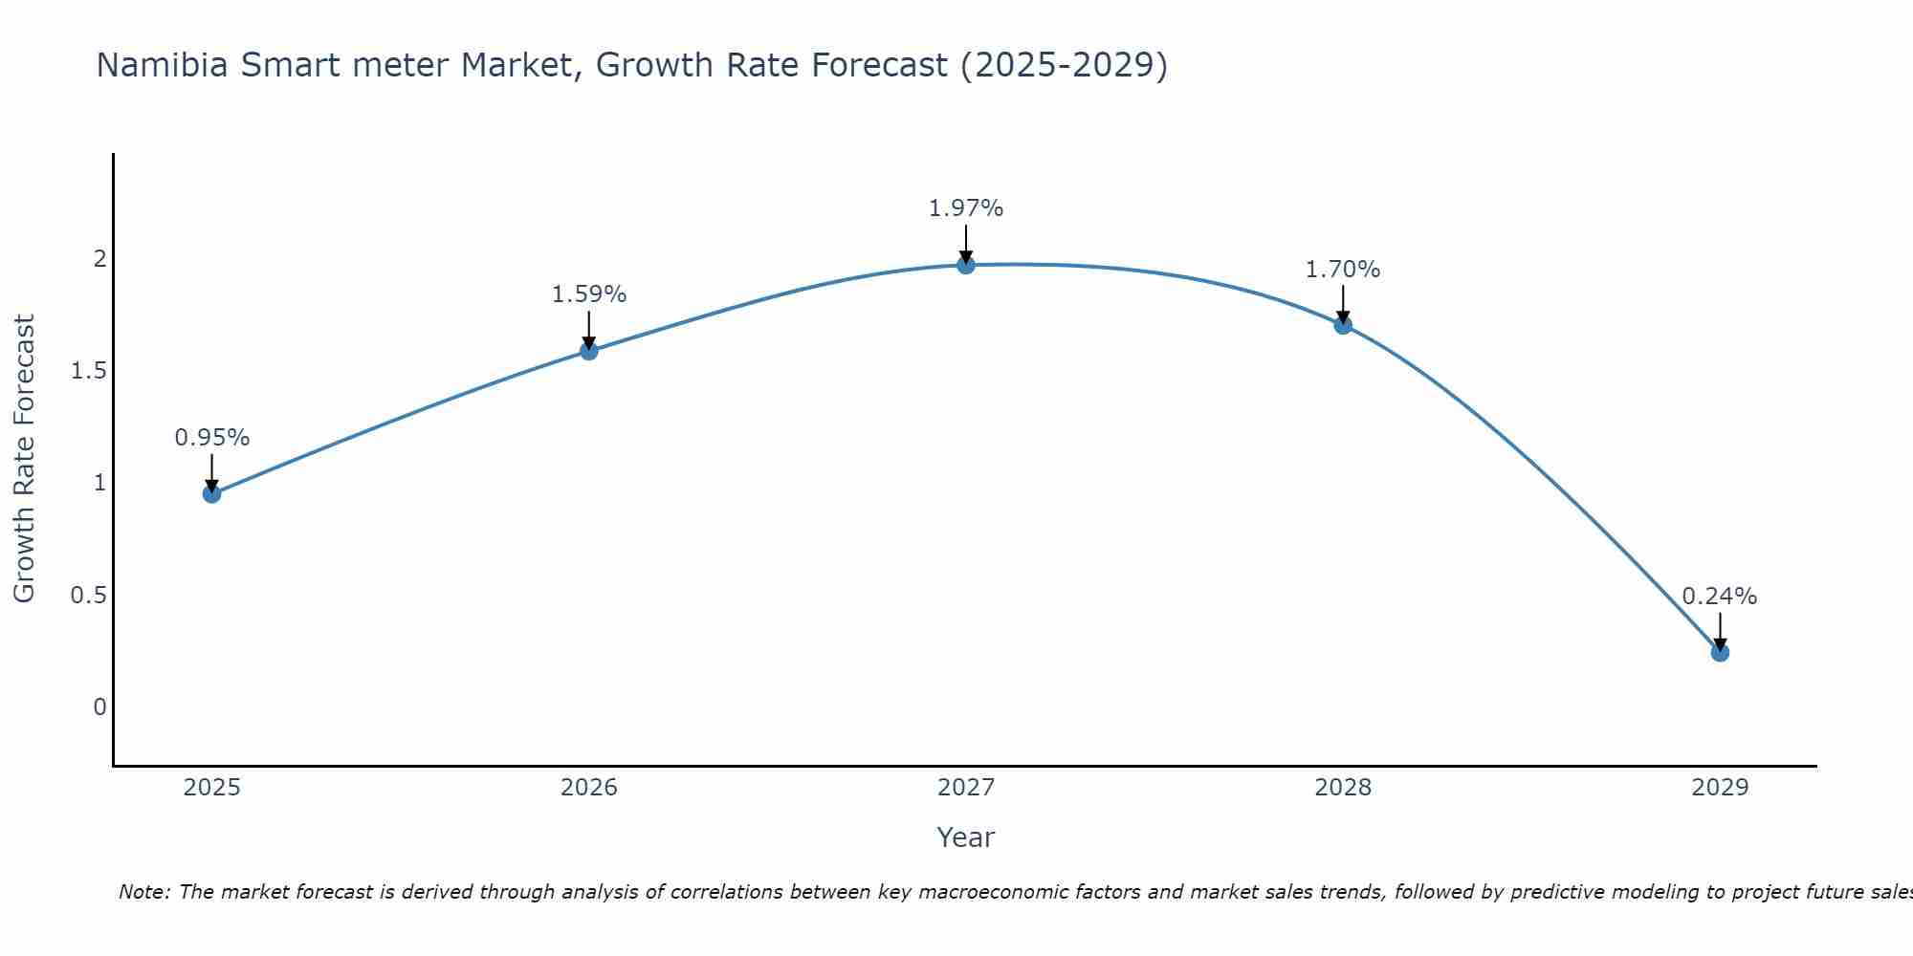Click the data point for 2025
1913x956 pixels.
(x=212, y=493)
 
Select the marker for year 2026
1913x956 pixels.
(x=589, y=351)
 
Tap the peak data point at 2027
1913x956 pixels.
(x=966, y=265)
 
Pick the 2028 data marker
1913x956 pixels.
(x=1343, y=325)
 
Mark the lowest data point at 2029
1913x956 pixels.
(x=1720, y=653)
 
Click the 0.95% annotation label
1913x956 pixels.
(x=212, y=438)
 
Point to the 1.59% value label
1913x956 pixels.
(x=589, y=294)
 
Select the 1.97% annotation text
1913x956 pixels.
(x=966, y=208)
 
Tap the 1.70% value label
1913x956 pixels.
(x=1343, y=270)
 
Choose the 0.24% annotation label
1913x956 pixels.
(x=1720, y=597)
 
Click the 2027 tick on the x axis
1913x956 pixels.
(x=966, y=788)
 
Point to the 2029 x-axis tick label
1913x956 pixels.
(x=1720, y=788)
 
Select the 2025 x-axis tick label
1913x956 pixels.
(x=212, y=788)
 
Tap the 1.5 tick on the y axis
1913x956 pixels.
(x=88, y=371)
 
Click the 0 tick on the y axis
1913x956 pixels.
(x=99, y=707)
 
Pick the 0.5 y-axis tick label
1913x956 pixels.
(x=88, y=596)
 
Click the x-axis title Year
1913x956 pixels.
(x=966, y=837)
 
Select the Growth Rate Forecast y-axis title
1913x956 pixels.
(x=24, y=459)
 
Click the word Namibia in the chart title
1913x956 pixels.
(x=163, y=65)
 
